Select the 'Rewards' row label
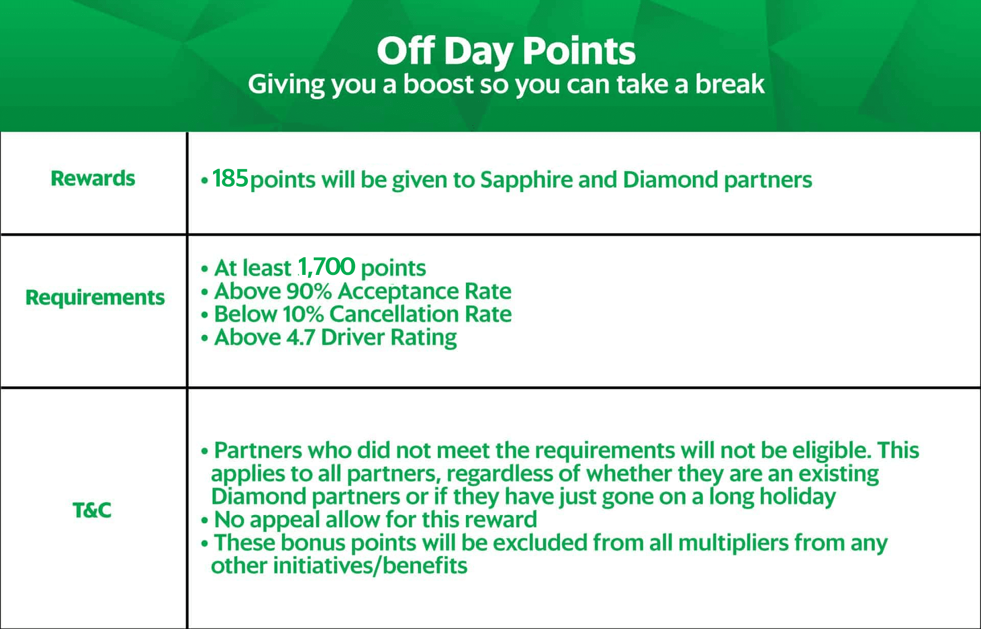coord(93,178)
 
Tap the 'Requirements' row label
coord(95,298)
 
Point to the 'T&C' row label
coord(92,510)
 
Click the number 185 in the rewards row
coord(230,179)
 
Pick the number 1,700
coord(326,267)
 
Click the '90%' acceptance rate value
coord(309,291)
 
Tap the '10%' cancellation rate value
coord(303,314)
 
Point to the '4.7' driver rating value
coord(300,337)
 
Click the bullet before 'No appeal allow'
coord(205,521)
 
